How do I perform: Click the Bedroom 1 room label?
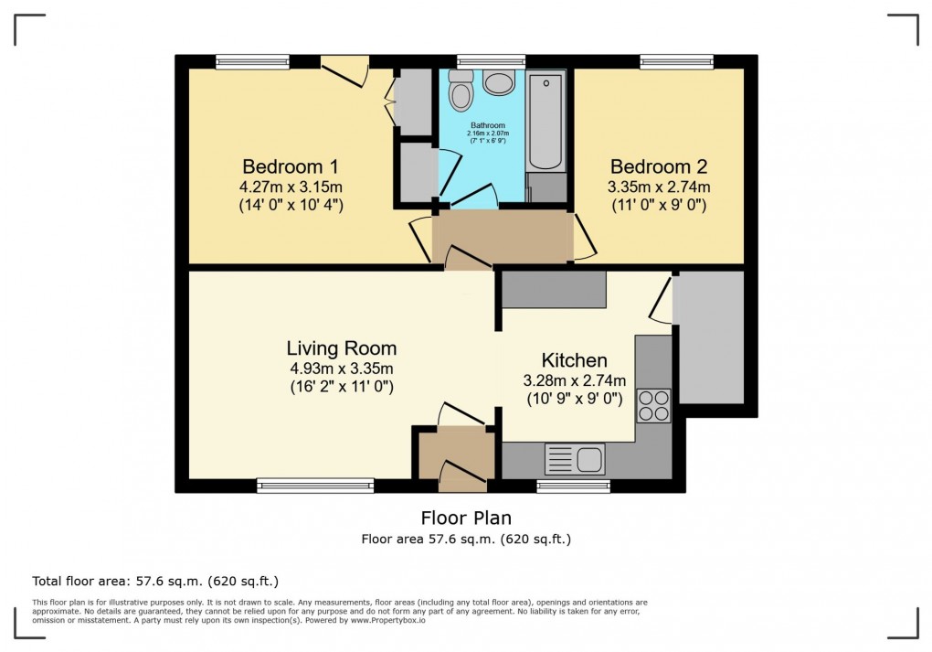(290, 167)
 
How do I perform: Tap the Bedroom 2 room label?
(658, 167)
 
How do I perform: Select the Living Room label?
(341, 348)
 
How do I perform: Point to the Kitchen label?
(574, 360)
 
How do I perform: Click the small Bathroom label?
(487, 125)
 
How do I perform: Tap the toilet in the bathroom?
(461, 93)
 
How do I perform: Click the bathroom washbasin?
(500, 84)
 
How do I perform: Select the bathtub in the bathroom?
(545, 122)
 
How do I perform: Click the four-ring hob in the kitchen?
(653, 405)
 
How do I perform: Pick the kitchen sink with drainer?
(574, 457)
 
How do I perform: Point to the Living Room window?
(315, 486)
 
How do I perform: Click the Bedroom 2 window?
(677, 62)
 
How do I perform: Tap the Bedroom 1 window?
(253, 62)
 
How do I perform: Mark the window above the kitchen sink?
(573, 486)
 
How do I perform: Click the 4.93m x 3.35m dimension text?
(341, 369)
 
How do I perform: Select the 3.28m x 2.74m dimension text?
(574, 380)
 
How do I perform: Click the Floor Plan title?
(466, 518)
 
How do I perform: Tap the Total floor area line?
(155, 581)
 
